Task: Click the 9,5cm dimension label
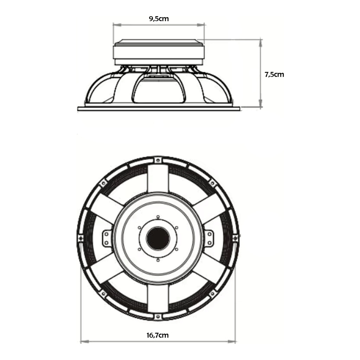point(159,19)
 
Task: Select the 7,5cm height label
point(274,75)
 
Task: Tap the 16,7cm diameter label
point(157,335)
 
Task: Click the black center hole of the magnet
point(158,238)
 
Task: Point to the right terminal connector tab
point(209,238)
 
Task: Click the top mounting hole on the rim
point(157,160)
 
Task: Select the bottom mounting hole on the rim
point(157,317)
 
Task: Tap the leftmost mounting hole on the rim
point(81,238)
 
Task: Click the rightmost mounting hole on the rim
point(235,238)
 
